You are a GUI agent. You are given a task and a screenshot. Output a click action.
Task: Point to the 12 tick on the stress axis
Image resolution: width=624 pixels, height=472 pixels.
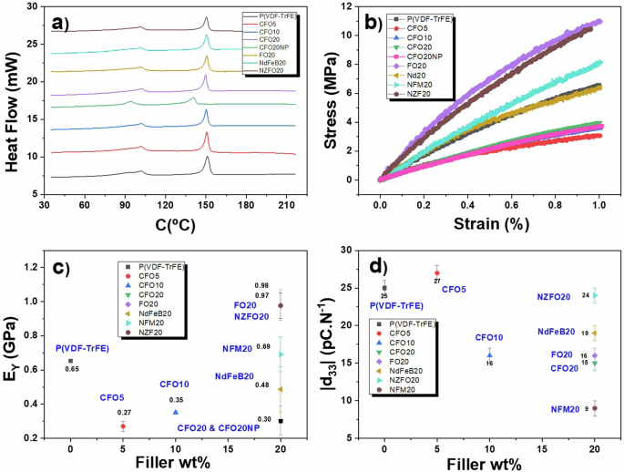coord(363,6)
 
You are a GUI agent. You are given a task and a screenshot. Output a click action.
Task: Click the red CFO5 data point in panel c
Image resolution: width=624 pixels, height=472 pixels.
coord(123,426)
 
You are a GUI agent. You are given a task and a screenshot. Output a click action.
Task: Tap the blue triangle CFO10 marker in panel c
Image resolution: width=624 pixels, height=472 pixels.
coord(176,412)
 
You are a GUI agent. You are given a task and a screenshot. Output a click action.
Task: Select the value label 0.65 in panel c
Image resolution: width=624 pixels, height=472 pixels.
coord(72,369)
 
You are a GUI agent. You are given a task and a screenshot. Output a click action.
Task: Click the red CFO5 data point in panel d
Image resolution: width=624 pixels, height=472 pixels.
coord(437,272)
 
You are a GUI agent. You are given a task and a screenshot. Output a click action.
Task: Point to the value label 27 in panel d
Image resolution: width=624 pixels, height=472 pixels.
coord(437,282)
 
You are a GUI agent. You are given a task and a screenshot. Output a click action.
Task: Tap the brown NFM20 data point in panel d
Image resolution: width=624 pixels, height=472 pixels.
coord(595,408)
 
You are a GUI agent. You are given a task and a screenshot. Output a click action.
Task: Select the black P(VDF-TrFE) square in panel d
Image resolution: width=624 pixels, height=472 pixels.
coord(384,288)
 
